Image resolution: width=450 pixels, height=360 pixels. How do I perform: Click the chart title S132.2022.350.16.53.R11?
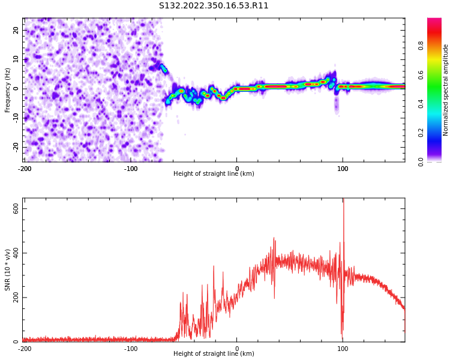point(214,6)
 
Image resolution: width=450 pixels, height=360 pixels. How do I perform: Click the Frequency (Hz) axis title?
point(8,90)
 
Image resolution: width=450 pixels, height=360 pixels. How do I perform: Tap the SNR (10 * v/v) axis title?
point(8,270)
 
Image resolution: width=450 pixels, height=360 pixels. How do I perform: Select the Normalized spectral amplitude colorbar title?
point(446,90)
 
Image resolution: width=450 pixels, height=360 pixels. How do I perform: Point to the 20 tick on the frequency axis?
point(16,30)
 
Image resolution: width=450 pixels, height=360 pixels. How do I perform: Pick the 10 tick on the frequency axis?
point(16,59)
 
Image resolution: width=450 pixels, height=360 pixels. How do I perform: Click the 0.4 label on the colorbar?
point(421,103)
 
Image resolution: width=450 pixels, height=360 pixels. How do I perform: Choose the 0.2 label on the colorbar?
point(421,133)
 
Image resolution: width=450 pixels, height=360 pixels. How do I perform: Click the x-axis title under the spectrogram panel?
point(214,174)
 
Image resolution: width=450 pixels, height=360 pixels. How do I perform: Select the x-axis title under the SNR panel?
point(214,354)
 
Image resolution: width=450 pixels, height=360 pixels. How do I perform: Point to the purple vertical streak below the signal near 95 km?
point(336,105)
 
